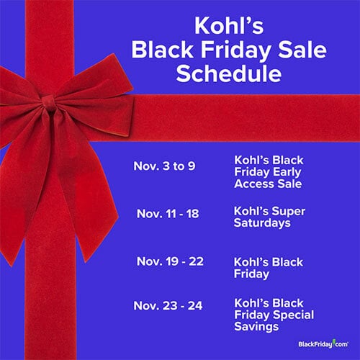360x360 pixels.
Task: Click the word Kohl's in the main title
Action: (x=229, y=25)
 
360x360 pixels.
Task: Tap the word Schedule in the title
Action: (x=229, y=73)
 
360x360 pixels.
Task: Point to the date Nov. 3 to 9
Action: (x=164, y=166)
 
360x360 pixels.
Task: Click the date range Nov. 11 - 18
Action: (x=168, y=214)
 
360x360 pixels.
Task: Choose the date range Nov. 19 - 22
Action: (x=170, y=261)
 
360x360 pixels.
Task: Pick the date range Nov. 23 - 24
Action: (x=168, y=306)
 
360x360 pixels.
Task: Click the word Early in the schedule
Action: (x=287, y=173)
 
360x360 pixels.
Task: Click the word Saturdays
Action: (x=262, y=223)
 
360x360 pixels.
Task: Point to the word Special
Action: (x=294, y=315)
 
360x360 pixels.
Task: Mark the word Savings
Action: (x=256, y=327)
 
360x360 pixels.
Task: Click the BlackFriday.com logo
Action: (x=323, y=344)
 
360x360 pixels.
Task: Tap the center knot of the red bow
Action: (x=49, y=103)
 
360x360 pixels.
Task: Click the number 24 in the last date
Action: (x=195, y=306)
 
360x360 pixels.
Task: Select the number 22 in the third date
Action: (x=196, y=261)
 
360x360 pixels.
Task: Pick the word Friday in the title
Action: (x=235, y=50)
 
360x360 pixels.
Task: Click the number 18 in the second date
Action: (x=192, y=214)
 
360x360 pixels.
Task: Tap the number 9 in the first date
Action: (x=192, y=166)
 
